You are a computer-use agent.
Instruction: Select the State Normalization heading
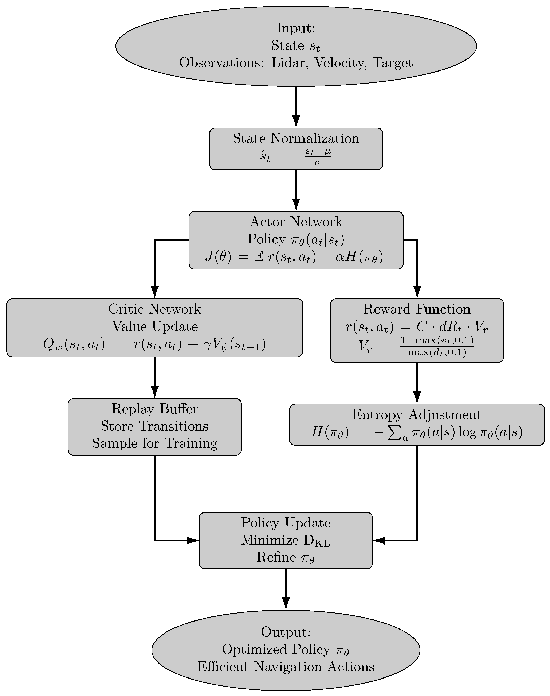[296, 138]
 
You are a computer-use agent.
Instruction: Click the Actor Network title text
[296, 222]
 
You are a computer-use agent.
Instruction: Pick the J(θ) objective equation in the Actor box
[296, 257]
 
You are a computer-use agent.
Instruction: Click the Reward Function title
[417, 309]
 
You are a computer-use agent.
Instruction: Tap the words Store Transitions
[155, 426]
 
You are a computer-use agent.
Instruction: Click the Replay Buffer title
[155, 409]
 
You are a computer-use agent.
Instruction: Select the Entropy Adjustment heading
[417, 414]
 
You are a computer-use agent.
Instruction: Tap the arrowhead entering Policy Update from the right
[379, 540]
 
